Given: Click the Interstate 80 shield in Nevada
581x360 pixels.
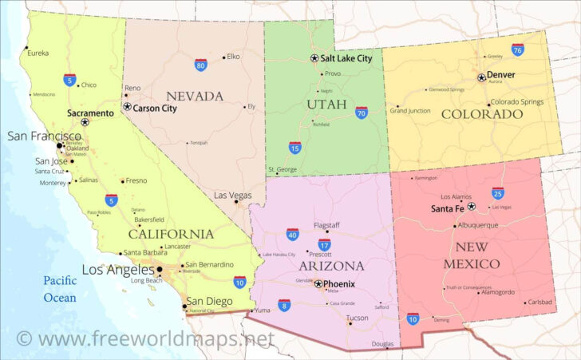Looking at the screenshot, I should point(201,65).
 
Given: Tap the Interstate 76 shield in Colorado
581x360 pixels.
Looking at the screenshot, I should point(518,49).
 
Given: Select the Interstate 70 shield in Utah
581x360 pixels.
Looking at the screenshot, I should point(362,113).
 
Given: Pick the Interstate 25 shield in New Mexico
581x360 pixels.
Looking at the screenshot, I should point(498,192).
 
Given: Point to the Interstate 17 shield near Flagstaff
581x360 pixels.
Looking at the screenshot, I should point(324,244).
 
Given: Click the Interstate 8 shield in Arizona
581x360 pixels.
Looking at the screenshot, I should point(284,305).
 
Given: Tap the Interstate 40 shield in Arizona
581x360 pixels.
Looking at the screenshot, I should point(292,234).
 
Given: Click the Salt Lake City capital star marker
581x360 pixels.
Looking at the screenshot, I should point(314,58).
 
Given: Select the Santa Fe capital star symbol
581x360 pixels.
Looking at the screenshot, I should point(472,206).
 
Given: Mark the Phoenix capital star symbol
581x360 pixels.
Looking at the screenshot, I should point(318,283).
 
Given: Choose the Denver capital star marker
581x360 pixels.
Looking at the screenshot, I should point(481,77).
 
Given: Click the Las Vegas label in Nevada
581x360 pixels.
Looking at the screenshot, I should point(232,195).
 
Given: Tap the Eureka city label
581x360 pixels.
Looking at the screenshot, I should point(38,53).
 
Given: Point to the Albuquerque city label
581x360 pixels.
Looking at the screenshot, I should point(483,225).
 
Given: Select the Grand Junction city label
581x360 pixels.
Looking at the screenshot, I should point(409,110).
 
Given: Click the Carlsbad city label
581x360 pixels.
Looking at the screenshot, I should point(539,303).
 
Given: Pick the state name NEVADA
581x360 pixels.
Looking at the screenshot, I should point(195,97).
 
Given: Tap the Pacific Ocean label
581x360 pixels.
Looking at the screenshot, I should point(60,289).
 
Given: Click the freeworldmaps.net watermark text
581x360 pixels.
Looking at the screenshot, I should point(145,339).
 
